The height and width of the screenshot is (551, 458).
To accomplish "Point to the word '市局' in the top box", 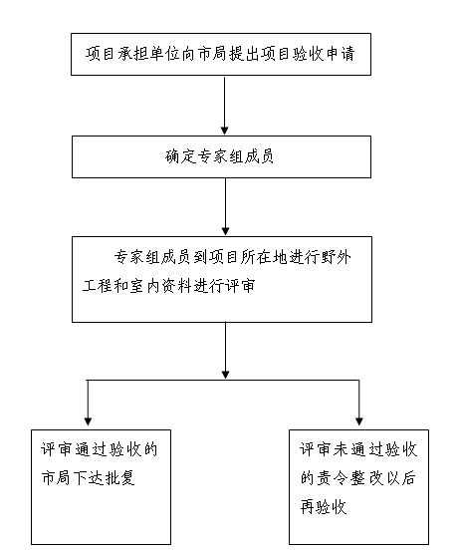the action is pyautogui.click(x=212, y=54).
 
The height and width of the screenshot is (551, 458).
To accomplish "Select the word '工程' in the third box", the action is pyautogui.click(x=98, y=286).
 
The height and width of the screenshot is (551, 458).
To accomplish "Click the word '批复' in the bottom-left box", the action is pyautogui.click(x=119, y=478).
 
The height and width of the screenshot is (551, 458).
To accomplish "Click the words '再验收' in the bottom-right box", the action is pyautogui.click(x=324, y=507).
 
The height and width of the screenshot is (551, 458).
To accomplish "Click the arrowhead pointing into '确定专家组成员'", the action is pyautogui.click(x=224, y=131).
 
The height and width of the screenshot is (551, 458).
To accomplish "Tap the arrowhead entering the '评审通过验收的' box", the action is pyautogui.click(x=88, y=421).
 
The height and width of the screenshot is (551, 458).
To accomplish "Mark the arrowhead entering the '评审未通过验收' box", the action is pyautogui.click(x=359, y=421).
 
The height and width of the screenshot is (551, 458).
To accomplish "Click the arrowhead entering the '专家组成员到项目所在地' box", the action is pyautogui.click(x=225, y=231).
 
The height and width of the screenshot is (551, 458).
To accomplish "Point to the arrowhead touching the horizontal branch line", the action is pyautogui.click(x=225, y=375).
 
